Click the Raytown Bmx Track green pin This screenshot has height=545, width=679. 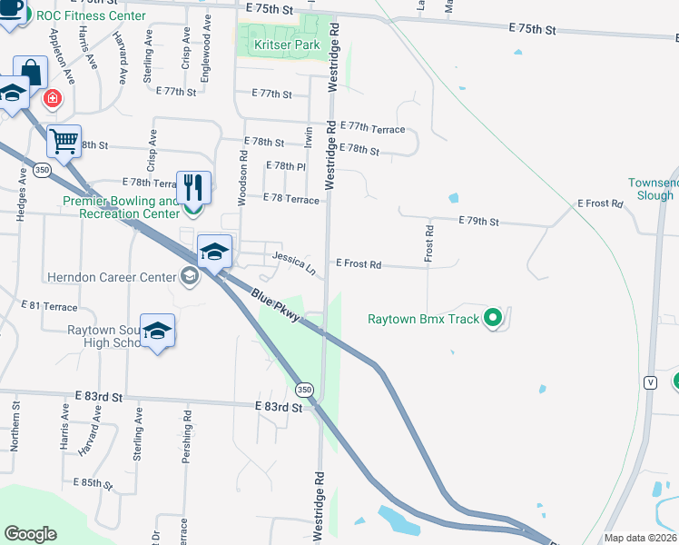click(x=493, y=318)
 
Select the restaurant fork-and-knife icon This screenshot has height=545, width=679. click(x=193, y=188)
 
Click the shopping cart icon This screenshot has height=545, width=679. click(x=64, y=141)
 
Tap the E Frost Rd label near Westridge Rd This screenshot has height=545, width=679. click(x=358, y=263)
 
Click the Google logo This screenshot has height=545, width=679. click(x=31, y=534)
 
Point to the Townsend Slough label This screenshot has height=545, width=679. click(x=652, y=189)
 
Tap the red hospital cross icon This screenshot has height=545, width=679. click(x=54, y=97)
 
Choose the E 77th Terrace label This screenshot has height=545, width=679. click(x=372, y=130)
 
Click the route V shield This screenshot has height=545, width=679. click(x=650, y=382)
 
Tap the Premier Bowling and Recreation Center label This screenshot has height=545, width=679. click(x=120, y=207)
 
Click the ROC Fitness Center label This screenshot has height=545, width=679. click(x=91, y=16)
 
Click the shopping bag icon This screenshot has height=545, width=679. click(x=30, y=71)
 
